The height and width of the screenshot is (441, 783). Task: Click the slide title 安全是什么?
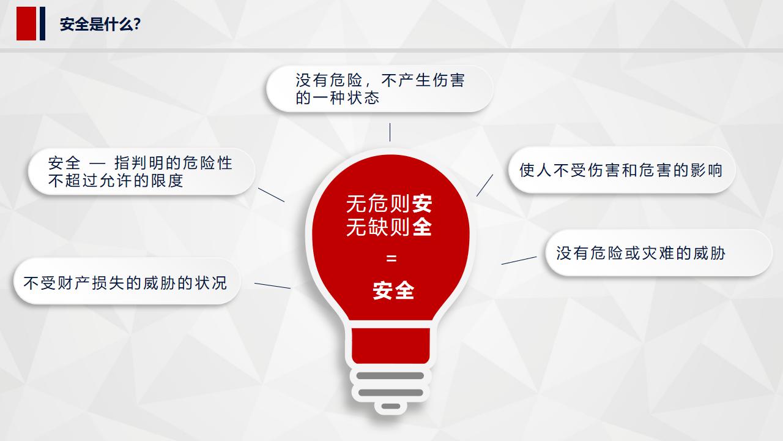101,24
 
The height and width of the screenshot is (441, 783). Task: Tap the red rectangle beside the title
26,23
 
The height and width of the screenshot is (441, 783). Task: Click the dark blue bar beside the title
43,23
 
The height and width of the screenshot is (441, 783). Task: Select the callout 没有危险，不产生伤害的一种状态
379,89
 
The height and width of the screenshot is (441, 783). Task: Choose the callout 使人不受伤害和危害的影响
621,170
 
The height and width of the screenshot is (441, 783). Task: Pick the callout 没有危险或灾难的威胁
658,252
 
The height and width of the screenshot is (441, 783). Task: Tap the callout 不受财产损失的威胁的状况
125,282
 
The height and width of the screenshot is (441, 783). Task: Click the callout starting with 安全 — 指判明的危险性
141,171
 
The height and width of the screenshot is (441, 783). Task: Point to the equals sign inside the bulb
391,258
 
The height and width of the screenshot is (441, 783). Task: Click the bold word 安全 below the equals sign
393,290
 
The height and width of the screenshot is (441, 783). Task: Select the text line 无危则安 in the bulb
389,203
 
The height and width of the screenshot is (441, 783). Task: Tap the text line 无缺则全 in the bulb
389,227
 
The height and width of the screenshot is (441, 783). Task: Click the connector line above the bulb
390,132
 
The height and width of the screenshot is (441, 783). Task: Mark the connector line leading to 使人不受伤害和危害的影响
484,185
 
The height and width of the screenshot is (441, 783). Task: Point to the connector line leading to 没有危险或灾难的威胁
519,260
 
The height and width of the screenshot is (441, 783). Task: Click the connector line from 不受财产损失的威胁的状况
272,285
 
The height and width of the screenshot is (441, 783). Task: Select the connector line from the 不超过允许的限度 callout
271,195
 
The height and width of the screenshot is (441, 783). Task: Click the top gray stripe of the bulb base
391,375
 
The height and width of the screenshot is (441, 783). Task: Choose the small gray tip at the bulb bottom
391,406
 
